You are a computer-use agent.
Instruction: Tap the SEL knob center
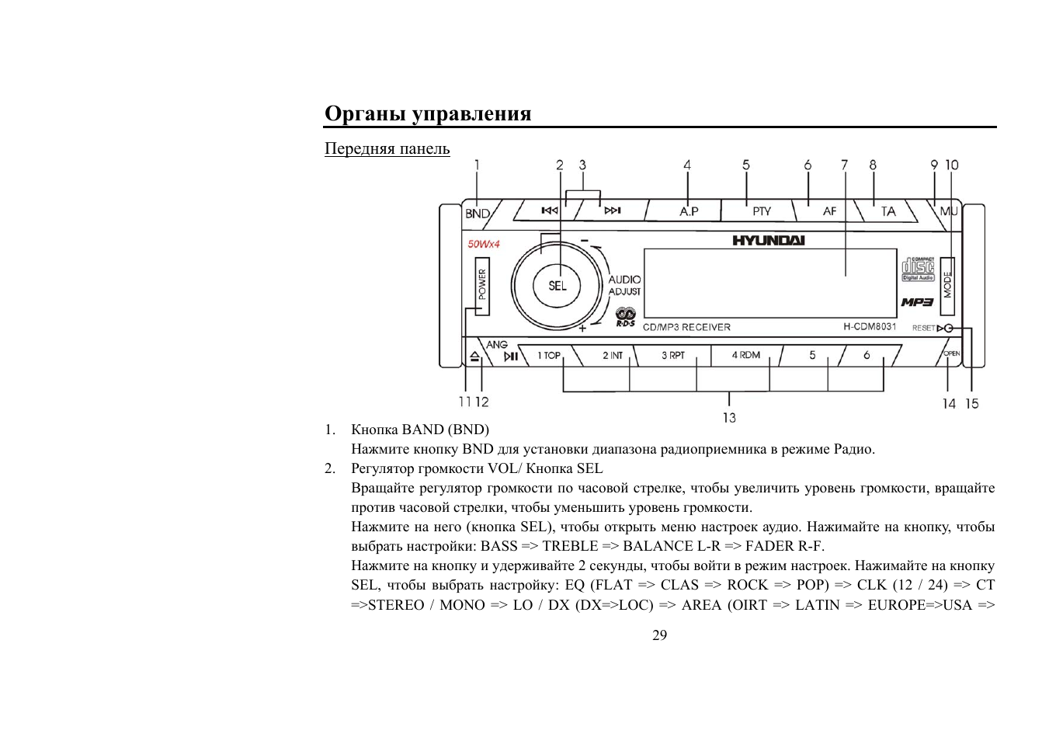click(x=557, y=286)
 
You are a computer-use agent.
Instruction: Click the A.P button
click(x=689, y=211)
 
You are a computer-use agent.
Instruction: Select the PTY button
click(x=761, y=211)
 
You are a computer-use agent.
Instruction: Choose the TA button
click(x=887, y=211)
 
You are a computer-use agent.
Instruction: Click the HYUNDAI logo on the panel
click(x=768, y=241)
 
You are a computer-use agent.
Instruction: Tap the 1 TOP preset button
click(x=549, y=356)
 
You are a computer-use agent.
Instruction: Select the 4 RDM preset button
click(x=745, y=355)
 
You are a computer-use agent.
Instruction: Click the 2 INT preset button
click(x=613, y=356)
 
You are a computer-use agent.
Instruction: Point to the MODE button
click(x=947, y=284)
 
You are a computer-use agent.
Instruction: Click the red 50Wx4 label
click(x=484, y=244)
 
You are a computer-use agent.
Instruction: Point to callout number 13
click(x=729, y=418)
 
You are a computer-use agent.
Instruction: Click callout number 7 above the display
click(x=844, y=165)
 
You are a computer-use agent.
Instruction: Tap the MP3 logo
click(x=917, y=302)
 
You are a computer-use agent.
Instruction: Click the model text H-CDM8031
click(x=870, y=327)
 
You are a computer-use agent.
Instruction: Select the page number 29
click(x=659, y=635)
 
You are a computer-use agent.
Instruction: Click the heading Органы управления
click(x=428, y=113)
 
